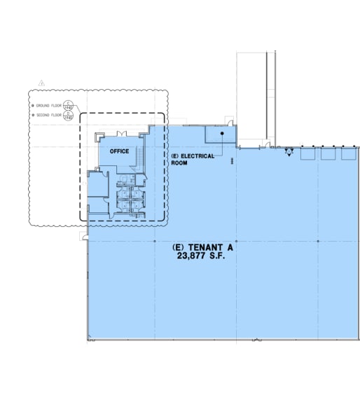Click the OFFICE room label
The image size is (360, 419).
[x=119, y=151]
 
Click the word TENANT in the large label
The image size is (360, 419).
[x=204, y=248]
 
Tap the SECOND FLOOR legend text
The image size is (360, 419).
[x=48, y=115]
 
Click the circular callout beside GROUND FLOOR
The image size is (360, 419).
[x=68, y=105]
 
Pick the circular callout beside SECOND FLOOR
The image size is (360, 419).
[x=68, y=116]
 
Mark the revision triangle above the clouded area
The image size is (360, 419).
[x=42, y=83]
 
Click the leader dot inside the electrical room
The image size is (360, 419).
[x=222, y=133]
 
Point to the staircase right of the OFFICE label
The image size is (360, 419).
[x=144, y=156]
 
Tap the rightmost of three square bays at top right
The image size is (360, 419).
[x=348, y=153]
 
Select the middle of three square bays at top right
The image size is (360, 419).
[x=328, y=153]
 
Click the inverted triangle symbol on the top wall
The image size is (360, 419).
[x=288, y=153]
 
